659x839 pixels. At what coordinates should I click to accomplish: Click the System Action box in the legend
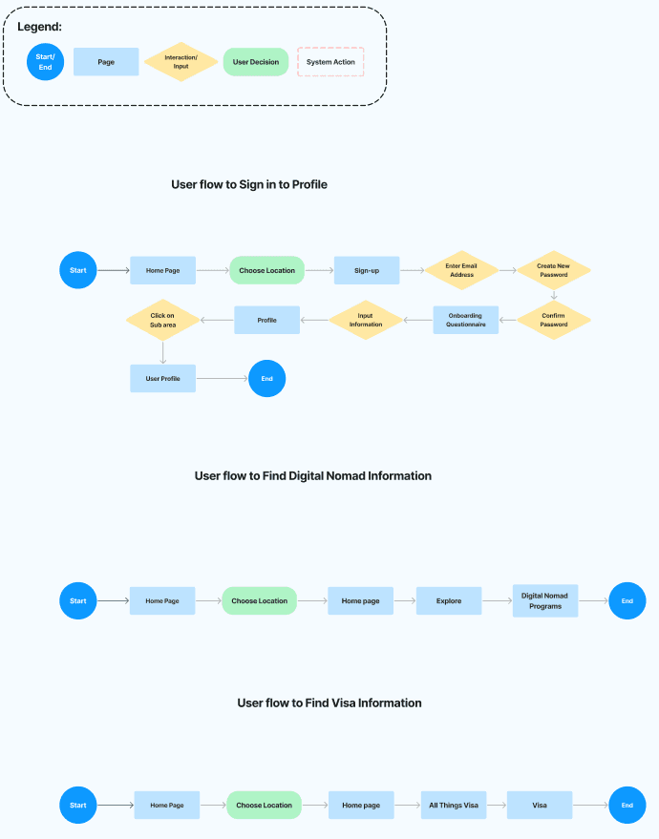point(330,61)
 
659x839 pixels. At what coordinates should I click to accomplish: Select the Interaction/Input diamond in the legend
point(181,61)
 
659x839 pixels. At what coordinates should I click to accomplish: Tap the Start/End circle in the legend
point(46,61)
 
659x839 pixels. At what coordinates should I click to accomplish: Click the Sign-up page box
point(367,270)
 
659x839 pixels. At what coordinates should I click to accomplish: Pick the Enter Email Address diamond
point(461,270)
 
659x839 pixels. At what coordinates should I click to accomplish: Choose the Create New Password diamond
point(554,270)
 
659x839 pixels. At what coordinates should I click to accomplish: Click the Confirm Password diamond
point(554,320)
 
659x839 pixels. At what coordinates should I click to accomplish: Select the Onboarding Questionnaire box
point(466,320)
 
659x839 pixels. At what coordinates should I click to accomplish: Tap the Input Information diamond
point(366,320)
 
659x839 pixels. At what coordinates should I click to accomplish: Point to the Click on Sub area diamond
point(162,320)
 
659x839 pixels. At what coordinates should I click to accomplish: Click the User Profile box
point(162,378)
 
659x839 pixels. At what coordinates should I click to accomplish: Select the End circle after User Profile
point(267,378)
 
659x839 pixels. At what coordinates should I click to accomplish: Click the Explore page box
point(449,601)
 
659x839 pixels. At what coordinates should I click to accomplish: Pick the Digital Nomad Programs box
point(545,601)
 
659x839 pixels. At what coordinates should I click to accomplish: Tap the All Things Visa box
point(454,805)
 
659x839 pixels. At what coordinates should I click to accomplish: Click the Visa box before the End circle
point(540,805)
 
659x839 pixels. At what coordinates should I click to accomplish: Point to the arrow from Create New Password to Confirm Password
point(554,295)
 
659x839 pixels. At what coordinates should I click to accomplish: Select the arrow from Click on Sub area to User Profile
point(162,352)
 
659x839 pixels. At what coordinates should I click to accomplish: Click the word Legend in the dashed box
point(39,27)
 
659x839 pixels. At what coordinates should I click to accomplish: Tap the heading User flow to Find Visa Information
point(329,703)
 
